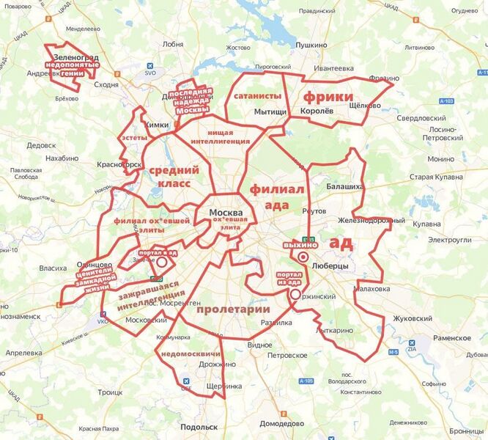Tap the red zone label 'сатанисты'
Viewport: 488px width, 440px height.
pos(257,96)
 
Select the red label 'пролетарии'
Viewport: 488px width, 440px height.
pos(233,309)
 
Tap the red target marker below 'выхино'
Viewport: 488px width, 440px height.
pos(302,257)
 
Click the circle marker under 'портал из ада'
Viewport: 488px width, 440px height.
pos(295,294)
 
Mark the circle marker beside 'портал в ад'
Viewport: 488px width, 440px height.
pos(162,262)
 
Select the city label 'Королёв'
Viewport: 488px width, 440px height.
pos(317,111)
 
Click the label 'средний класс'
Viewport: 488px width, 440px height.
pos(170,177)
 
